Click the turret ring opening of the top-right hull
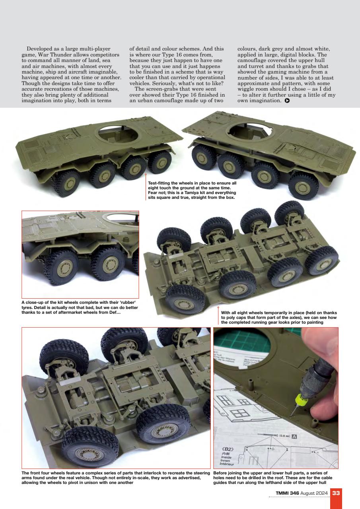[249, 130]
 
